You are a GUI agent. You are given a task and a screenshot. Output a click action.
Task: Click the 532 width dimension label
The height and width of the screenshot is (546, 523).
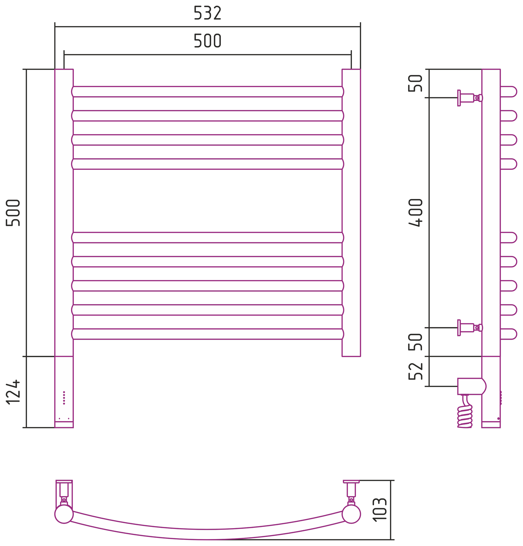(207, 13)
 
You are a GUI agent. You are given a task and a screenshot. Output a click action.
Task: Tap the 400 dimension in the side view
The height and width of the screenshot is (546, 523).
(415, 213)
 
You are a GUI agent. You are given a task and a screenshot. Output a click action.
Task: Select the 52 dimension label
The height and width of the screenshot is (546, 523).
(415, 371)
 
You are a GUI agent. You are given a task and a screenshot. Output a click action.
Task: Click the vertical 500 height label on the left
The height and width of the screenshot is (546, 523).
(13, 213)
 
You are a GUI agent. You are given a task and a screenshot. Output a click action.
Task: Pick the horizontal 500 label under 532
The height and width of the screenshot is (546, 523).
(207, 40)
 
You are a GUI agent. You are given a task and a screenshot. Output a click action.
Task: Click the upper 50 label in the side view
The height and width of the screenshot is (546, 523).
(415, 83)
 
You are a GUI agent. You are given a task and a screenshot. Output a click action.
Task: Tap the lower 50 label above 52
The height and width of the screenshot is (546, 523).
(415, 342)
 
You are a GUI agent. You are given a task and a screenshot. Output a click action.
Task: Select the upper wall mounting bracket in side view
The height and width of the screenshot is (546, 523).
(470, 98)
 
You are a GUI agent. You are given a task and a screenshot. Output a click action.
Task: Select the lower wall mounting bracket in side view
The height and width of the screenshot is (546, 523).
(470, 328)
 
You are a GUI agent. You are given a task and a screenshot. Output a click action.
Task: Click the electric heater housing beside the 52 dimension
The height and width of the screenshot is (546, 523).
(472, 386)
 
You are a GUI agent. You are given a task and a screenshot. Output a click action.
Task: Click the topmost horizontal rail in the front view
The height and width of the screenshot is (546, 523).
(208, 92)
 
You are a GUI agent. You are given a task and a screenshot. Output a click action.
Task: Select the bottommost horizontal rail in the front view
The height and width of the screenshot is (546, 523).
(208, 334)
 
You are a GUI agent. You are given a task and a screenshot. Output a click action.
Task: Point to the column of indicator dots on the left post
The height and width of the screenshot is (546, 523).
(64, 398)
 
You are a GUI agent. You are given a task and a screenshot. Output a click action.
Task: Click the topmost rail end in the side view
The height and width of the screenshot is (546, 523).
(508, 92)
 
